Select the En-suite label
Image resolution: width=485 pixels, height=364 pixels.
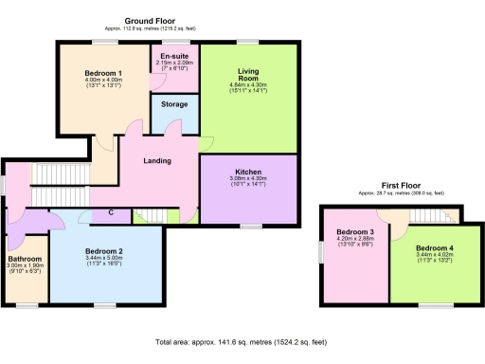174,56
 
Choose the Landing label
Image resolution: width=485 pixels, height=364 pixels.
157,161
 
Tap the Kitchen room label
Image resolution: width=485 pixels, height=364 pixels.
248,172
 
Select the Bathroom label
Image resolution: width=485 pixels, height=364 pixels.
25,258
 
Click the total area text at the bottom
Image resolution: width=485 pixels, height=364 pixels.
242,341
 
